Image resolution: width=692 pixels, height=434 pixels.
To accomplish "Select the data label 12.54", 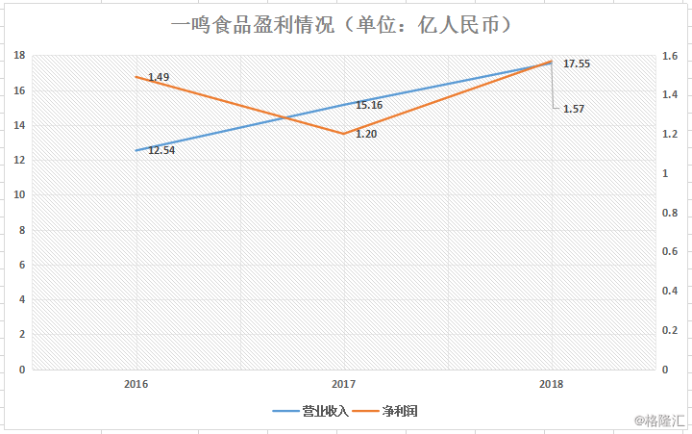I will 161,150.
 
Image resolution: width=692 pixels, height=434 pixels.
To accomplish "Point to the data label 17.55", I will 577,64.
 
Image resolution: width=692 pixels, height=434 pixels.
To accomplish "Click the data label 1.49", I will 159,77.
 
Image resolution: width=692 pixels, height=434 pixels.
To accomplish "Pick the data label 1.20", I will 366,134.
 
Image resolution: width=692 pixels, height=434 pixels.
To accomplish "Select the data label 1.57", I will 573,109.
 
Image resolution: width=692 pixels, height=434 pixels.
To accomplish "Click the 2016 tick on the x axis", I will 136,383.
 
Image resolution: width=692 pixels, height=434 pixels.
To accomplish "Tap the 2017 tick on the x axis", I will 344,383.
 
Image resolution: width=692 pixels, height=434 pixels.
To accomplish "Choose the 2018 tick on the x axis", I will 551,383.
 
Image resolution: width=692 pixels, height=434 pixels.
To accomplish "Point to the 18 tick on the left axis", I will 18,56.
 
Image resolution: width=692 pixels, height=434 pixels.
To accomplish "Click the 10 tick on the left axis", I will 18,195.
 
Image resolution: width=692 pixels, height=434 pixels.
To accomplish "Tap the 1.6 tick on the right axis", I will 669,56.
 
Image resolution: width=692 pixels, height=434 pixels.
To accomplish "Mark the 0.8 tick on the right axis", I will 669,213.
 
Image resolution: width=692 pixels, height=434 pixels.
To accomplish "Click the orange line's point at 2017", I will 344,134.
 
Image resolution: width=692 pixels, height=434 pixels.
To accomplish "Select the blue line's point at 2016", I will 136,150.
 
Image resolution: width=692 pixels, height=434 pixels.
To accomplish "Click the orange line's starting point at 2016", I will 136,77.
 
